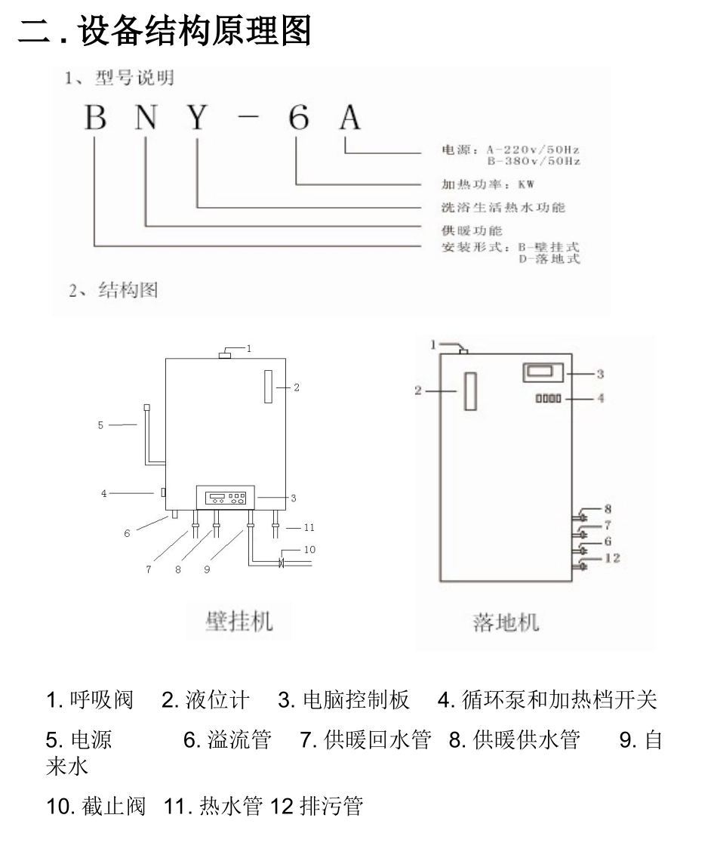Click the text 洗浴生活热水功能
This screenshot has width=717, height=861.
(503, 207)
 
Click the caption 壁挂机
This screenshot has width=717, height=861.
(239, 621)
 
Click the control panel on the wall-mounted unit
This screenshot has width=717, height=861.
(226, 498)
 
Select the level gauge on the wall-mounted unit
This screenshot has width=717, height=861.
(267, 387)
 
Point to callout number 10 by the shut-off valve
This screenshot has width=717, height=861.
(309, 549)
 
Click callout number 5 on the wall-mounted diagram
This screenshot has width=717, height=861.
(100, 425)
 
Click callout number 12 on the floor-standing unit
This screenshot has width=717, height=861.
(612, 558)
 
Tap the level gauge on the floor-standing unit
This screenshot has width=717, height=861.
(470, 391)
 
